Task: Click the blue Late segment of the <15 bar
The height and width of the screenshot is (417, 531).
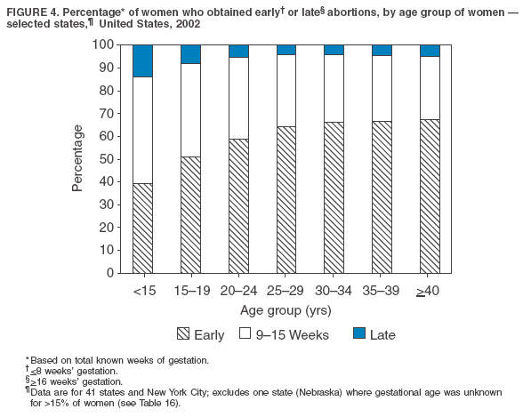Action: coord(143,60)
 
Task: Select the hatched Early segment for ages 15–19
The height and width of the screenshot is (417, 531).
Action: coord(190,214)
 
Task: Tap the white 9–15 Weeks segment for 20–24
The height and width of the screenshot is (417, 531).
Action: coord(238,98)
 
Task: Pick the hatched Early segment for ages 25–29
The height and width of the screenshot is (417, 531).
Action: coord(286,199)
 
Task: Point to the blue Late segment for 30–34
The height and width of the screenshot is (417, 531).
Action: coord(334,50)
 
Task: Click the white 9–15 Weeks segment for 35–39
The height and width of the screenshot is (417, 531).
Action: coord(381,88)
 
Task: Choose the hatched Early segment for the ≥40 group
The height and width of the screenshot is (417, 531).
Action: coord(429,196)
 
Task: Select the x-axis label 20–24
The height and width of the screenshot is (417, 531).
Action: coord(238,290)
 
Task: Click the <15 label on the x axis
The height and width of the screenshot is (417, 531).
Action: coord(143,290)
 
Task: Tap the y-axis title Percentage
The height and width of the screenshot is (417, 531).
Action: coord(77,158)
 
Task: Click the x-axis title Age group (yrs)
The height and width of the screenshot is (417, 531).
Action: coord(285,309)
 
